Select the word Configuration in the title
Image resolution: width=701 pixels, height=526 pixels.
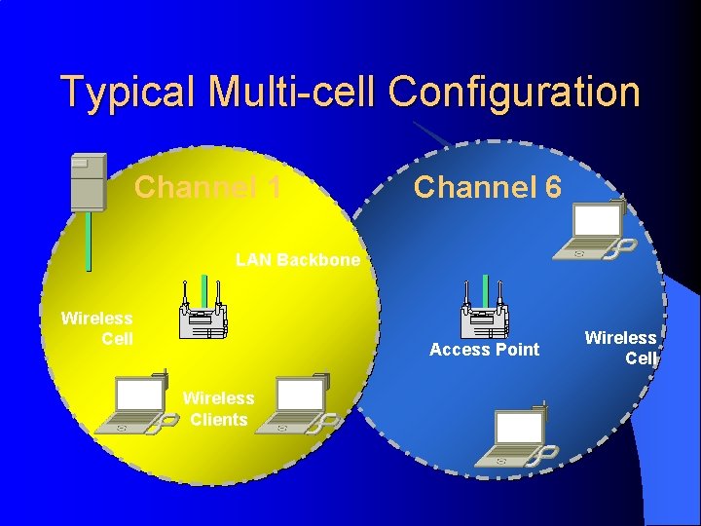click(x=514, y=93)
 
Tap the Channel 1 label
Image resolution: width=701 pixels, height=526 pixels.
click(x=207, y=186)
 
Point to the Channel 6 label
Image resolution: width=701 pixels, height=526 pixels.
click(x=487, y=186)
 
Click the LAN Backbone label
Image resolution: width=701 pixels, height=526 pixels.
click(x=297, y=260)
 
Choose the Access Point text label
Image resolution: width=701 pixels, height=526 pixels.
click(x=484, y=350)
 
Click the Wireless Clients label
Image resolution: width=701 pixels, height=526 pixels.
click(x=218, y=409)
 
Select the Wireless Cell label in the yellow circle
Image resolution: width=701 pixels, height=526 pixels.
click(x=96, y=328)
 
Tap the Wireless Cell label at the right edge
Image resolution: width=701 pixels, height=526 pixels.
click(x=620, y=347)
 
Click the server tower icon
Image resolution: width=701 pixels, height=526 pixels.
click(x=88, y=181)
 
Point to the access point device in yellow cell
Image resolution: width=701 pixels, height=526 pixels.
click(x=203, y=311)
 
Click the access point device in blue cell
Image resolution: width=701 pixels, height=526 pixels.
click(x=484, y=311)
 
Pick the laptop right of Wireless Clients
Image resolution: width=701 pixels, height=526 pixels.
click(x=304, y=402)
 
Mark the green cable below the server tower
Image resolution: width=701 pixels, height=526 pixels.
click(x=88, y=240)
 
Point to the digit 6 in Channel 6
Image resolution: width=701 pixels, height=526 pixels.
click(x=552, y=186)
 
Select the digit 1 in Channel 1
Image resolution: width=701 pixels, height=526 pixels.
click(x=272, y=186)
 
